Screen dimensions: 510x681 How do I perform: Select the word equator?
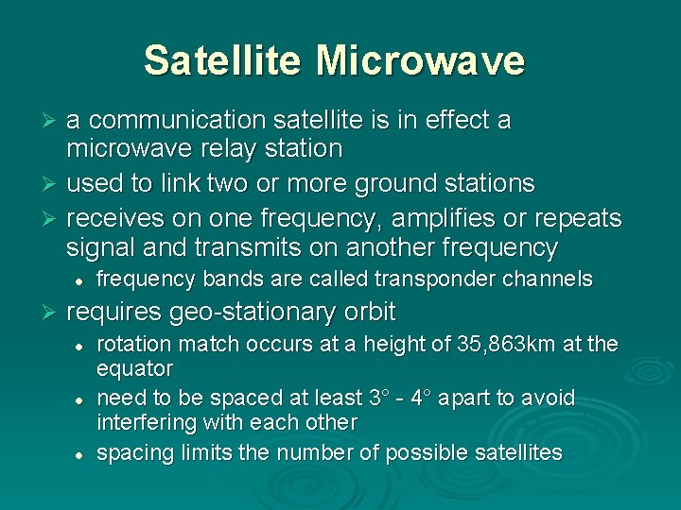[135, 367]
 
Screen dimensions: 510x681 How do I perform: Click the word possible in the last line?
[413, 452]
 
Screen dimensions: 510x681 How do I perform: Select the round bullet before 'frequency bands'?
[82, 280]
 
